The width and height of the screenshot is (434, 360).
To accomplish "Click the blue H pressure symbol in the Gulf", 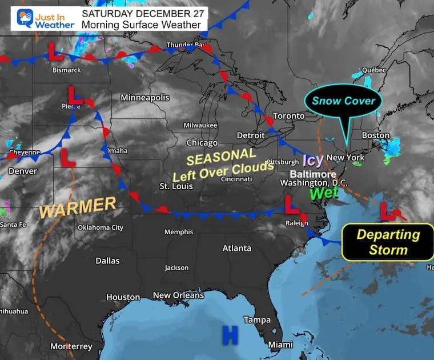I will [x=230, y=335].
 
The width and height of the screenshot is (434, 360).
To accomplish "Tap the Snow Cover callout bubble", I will [x=343, y=101].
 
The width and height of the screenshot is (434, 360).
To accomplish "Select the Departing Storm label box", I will [x=388, y=242].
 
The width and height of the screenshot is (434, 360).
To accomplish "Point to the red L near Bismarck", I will [x=55, y=54].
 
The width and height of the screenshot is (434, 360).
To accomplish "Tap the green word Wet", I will [x=324, y=193].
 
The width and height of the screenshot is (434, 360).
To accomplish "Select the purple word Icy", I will [x=313, y=160].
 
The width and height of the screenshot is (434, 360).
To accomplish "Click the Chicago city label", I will [x=202, y=143].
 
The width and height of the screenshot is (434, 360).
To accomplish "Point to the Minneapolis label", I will [x=144, y=98].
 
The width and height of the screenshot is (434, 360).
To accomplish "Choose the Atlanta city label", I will [x=236, y=248].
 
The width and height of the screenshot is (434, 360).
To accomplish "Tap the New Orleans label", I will [x=178, y=295].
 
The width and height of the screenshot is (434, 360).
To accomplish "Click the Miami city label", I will [x=280, y=345].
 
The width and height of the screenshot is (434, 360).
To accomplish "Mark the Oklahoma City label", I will [x=101, y=227].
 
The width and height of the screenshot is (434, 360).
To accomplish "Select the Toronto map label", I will [x=288, y=116].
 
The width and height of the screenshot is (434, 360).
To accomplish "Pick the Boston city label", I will [x=375, y=135].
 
